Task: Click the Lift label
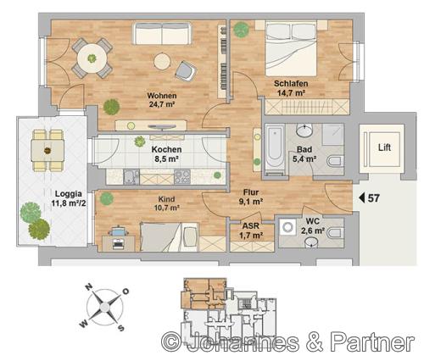[x=384, y=147]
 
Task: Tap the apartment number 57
[x=373, y=198]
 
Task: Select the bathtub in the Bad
[x=275, y=150]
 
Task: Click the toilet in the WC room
[x=335, y=233]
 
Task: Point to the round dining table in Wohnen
[x=92, y=58]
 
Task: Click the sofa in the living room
[x=162, y=33]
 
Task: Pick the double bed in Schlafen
[x=291, y=48]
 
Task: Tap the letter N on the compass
[x=89, y=287]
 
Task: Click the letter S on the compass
[x=120, y=328]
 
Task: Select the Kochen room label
[x=166, y=149]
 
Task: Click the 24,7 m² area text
[x=162, y=104]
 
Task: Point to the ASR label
[x=251, y=226]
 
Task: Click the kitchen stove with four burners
[x=182, y=176]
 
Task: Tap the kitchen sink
[x=131, y=177]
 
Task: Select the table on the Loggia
[x=47, y=151]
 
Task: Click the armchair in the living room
[x=186, y=71]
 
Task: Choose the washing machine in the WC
[x=287, y=227]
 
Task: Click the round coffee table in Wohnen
[x=162, y=61]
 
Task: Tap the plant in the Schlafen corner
[x=242, y=30]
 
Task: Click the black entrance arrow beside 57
[x=362, y=198]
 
